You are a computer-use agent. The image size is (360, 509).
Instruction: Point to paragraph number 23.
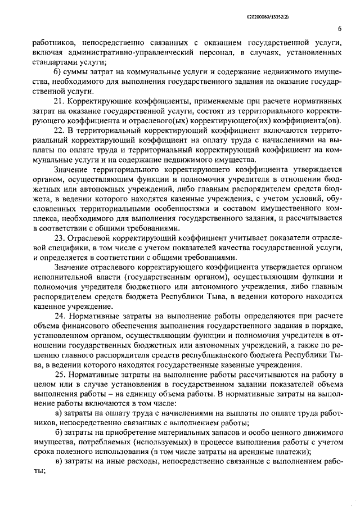(58, 238)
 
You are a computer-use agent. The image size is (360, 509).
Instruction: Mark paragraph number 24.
(58, 316)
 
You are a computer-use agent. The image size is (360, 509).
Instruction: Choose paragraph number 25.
(58, 375)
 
